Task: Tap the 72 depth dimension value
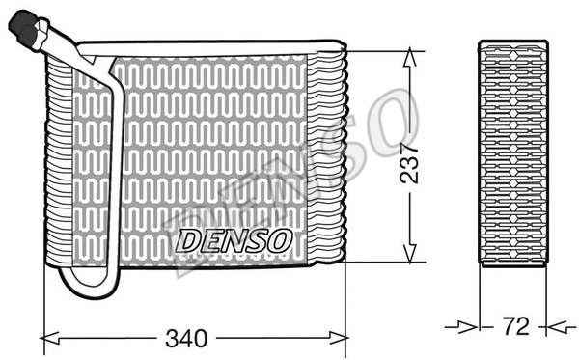click(516, 326)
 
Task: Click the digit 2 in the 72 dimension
click(524, 326)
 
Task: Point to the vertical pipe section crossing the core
click(117, 174)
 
